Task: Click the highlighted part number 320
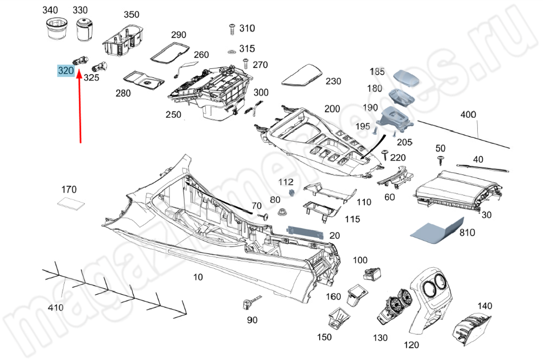[65, 71]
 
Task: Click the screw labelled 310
[231, 28]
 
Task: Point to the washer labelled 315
[231, 52]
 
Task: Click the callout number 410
[56, 308]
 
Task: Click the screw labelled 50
[440, 159]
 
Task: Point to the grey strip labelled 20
[305, 232]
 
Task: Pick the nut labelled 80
[282, 212]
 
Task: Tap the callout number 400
[468, 115]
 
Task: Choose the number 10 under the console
[198, 277]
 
